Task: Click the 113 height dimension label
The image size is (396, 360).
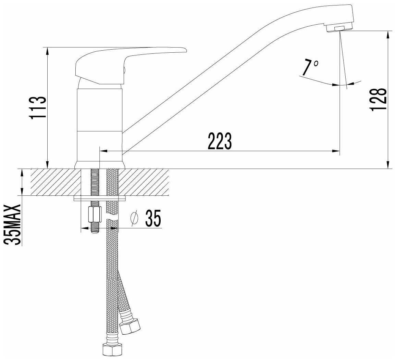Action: (38, 107)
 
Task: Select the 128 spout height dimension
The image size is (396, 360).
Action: (378, 99)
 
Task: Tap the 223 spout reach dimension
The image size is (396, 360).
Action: (220, 141)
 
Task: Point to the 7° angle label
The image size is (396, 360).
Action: (310, 68)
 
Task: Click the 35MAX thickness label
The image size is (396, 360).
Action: (12, 224)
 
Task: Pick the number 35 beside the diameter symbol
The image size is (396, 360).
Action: (153, 218)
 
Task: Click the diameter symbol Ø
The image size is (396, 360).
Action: (134, 217)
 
